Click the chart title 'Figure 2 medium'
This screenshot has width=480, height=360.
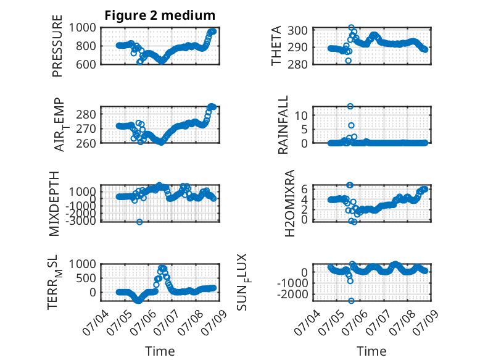point(160,15)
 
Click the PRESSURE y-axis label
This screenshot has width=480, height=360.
point(57,46)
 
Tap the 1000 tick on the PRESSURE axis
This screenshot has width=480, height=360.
point(82,28)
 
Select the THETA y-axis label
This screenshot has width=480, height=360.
point(276,46)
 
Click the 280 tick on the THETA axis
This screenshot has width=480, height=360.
point(297,64)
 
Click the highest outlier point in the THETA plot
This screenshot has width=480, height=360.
point(351,28)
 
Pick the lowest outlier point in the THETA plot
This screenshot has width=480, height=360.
point(349,61)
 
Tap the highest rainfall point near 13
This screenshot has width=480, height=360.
point(350,106)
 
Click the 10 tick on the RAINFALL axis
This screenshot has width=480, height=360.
point(301,115)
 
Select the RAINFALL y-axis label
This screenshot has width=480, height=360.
point(283,125)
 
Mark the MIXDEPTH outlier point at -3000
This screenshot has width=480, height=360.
point(139,222)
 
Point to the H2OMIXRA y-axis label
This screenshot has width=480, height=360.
point(289,203)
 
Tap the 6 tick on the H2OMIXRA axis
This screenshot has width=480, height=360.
point(304,189)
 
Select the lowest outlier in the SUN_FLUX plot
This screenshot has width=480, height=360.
point(351,301)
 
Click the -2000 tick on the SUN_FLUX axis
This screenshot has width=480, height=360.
point(292,294)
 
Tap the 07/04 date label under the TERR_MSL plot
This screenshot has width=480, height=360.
point(95,322)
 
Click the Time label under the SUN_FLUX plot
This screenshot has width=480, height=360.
point(371,351)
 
